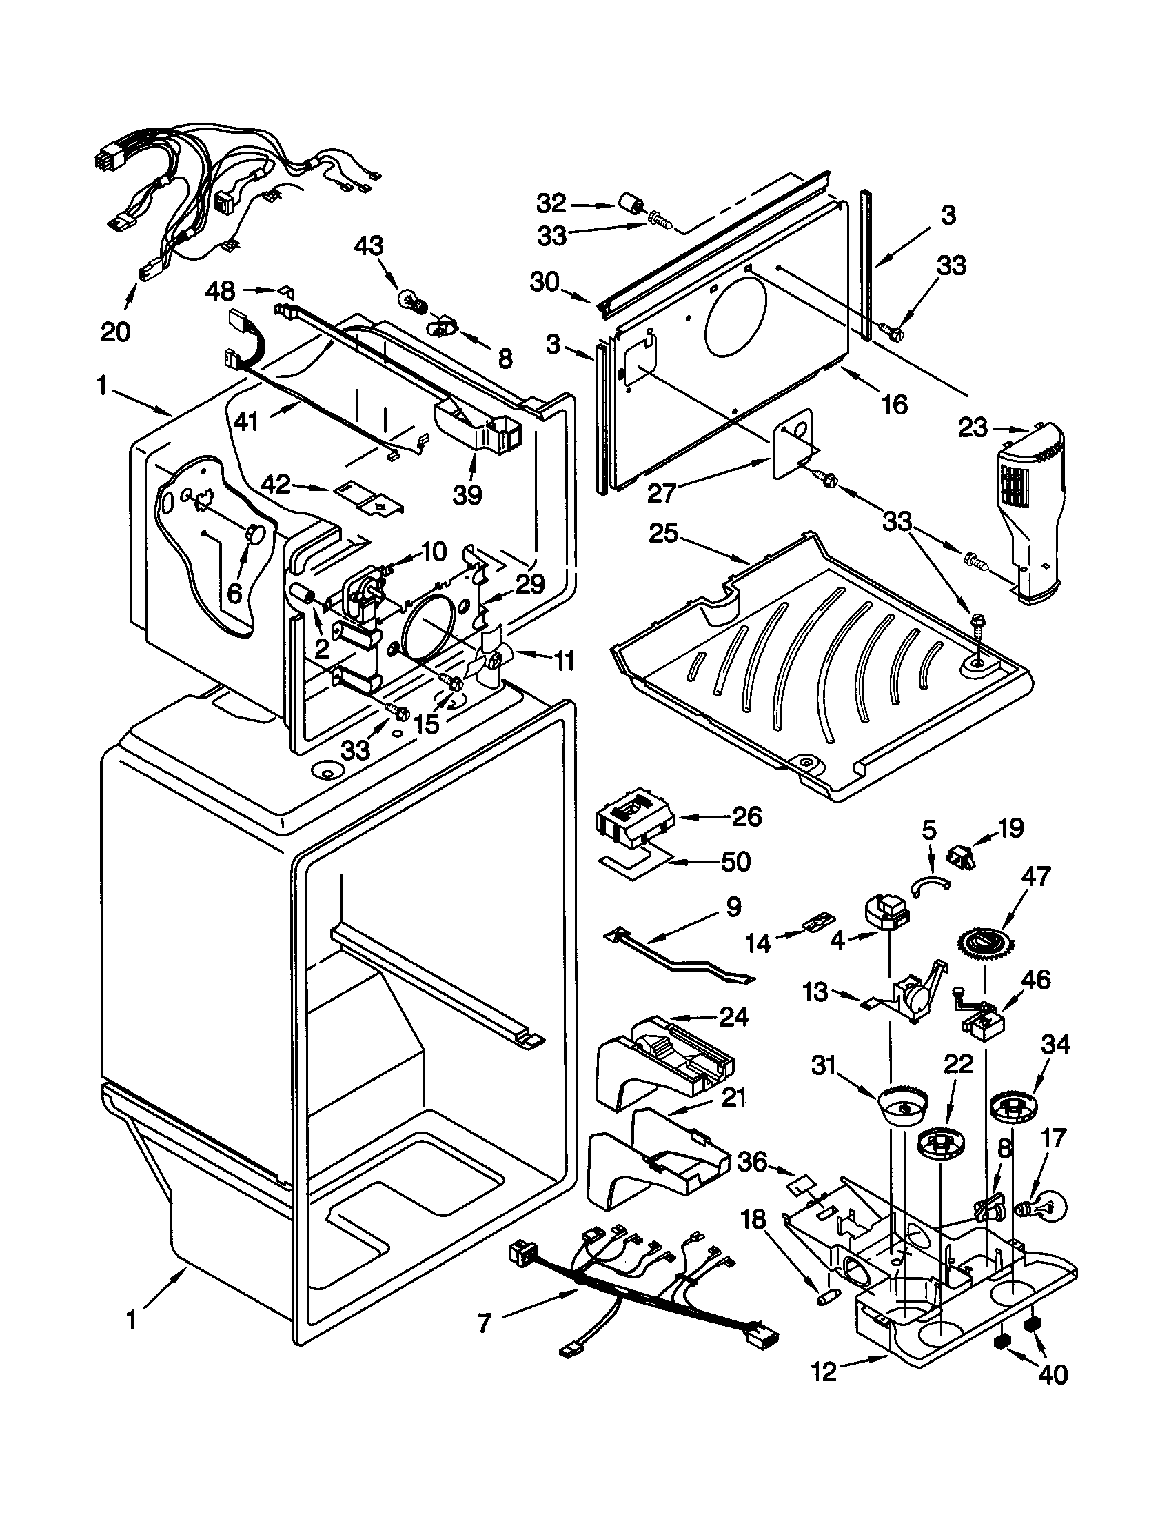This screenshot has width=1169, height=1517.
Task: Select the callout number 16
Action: tap(895, 403)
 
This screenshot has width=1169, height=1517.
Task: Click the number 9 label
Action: tap(733, 907)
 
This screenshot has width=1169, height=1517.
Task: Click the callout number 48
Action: tap(221, 291)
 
